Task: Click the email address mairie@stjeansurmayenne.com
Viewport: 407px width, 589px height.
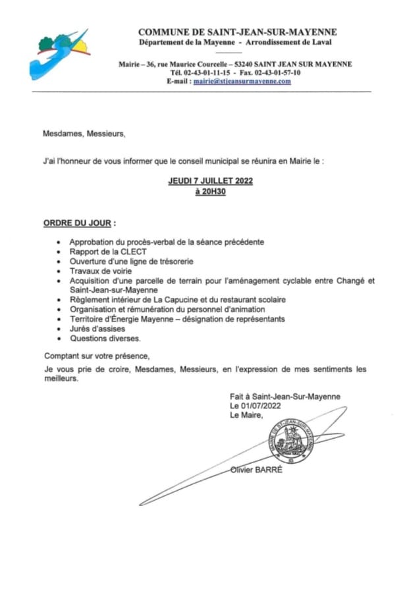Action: (242, 82)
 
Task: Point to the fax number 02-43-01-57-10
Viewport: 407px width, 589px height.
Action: (277, 72)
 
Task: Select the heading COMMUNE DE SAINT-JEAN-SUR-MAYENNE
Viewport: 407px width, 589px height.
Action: (237, 32)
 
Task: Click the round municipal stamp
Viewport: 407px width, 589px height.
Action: (292, 443)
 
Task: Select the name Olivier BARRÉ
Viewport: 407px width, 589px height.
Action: (257, 470)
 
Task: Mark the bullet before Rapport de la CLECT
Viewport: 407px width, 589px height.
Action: (61, 252)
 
